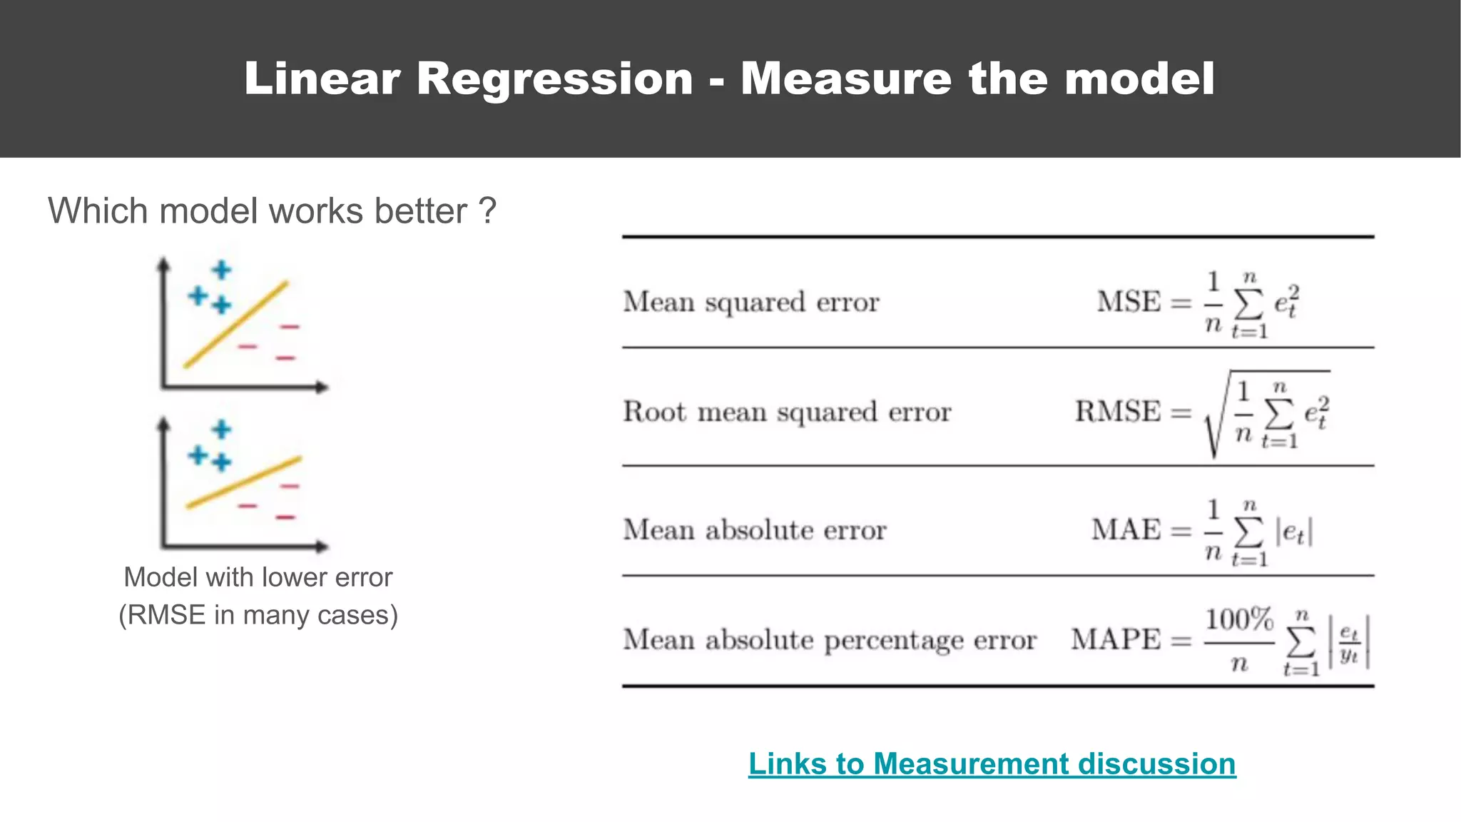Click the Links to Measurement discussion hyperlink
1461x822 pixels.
tap(992, 763)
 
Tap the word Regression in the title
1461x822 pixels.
tap(554, 78)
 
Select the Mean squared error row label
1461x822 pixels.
tap(751, 302)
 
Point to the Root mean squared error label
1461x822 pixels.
tap(787, 412)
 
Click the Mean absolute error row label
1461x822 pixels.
tap(755, 529)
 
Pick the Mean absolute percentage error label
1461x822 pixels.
tap(830, 639)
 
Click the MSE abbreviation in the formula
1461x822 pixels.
tap(1129, 301)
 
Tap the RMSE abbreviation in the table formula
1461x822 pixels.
tap(1118, 411)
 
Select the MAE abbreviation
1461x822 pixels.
tap(1126, 529)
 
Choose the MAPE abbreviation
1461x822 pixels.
tap(1116, 639)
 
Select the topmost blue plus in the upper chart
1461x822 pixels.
tap(222, 270)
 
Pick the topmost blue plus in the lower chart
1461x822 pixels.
tap(222, 429)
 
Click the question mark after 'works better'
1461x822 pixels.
tap(487, 211)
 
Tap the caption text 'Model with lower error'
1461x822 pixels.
tap(258, 577)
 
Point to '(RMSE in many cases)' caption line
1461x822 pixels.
tap(258, 615)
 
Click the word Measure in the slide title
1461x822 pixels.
tap(845, 78)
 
